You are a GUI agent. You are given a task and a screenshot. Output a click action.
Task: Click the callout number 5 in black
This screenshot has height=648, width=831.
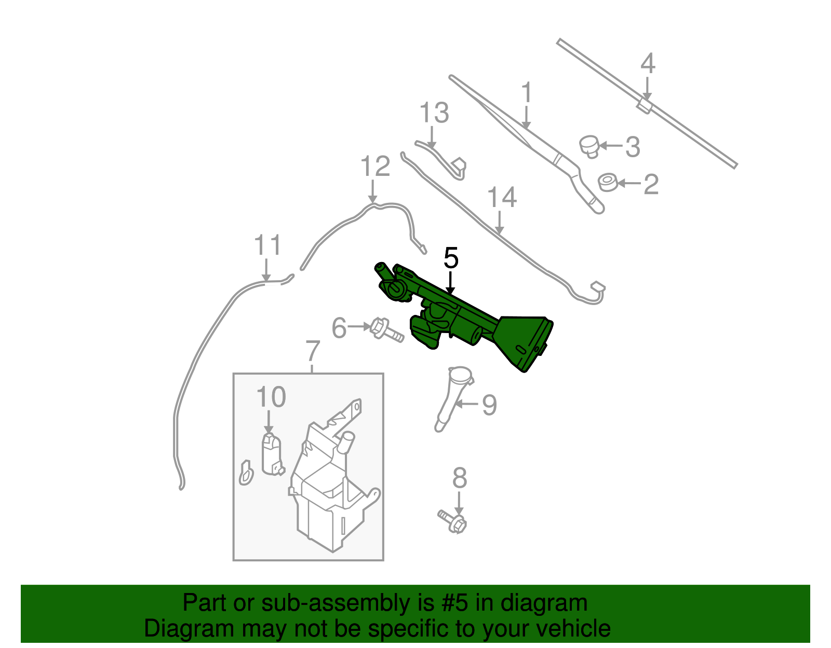[451, 258]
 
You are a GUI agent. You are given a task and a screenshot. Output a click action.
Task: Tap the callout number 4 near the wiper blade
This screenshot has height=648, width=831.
[647, 64]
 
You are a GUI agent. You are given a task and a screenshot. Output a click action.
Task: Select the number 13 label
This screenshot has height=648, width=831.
[434, 113]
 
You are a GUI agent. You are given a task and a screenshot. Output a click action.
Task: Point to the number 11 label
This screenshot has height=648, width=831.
[267, 245]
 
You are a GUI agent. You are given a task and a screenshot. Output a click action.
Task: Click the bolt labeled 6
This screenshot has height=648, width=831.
[386, 330]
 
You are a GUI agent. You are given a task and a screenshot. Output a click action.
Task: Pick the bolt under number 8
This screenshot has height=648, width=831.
[453, 521]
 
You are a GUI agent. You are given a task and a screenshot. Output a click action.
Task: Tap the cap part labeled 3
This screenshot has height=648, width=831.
[589, 145]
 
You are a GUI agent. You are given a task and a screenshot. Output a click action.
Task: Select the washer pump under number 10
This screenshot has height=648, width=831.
[271, 453]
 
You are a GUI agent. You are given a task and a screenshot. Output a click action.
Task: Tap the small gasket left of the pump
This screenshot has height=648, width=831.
[246, 473]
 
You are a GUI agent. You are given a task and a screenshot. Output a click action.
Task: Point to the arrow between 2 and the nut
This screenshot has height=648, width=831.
[628, 183]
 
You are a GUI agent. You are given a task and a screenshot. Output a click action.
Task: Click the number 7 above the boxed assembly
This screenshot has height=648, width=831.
[312, 352]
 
